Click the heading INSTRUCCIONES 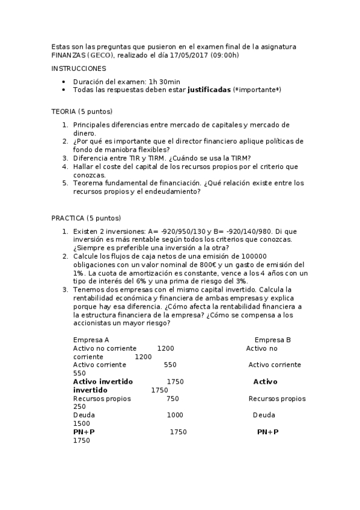pyautogui.click(x=79, y=69)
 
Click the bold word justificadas pyautogui.click(x=209, y=90)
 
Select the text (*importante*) pyautogui.click(x=257, y=90)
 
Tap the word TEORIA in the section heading pyautogui.click(x=64, y=111)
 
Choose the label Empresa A pyautogui.click(x=91, y=340)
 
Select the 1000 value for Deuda pyautogui.click(x=175, y=415)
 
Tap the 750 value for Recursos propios pyautogui.click(x=172, y=399)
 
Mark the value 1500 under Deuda pyautogui.click(x=81, y=423)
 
